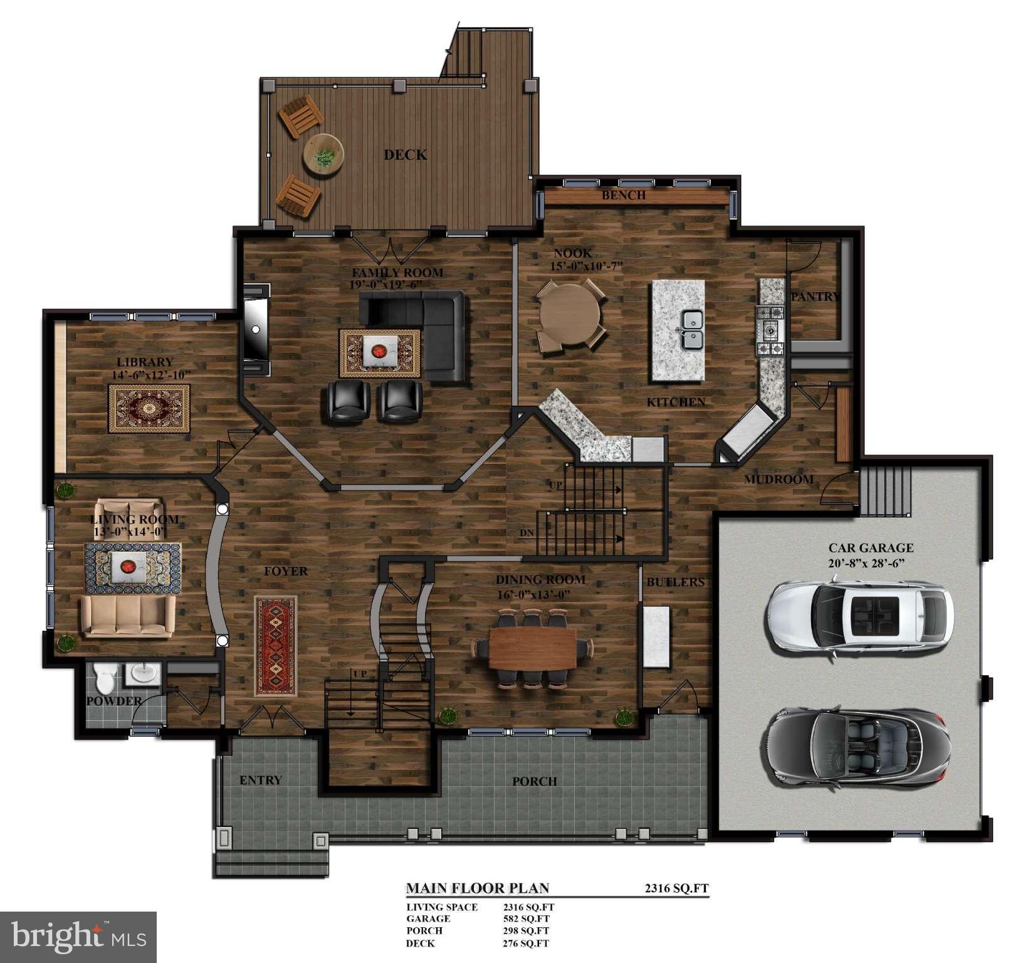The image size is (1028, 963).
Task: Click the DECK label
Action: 406,155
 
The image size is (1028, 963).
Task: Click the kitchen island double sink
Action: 692,330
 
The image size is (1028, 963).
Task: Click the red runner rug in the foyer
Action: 276,646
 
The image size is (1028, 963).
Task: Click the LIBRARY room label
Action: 145,362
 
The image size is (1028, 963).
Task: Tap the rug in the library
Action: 149,408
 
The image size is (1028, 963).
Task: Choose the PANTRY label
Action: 815,297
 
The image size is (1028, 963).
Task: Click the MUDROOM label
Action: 779,480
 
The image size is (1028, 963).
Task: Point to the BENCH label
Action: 624,196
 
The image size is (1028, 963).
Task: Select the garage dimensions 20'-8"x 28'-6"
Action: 871,563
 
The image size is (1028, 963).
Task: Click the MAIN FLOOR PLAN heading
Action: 478,888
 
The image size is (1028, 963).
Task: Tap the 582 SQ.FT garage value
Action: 526,918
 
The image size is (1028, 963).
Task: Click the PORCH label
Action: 535,782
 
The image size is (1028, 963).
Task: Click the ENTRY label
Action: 261,781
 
